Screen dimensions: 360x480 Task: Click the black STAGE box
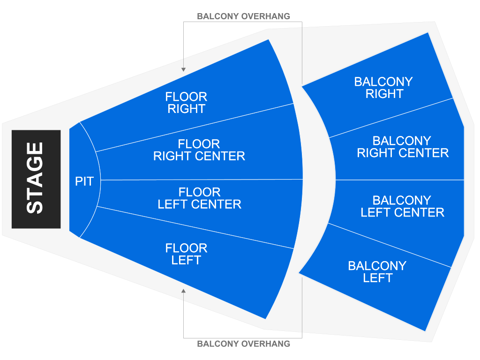pos(36,179)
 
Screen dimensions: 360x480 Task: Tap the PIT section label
pos(84,181)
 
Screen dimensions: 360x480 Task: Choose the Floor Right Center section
pos(199,150)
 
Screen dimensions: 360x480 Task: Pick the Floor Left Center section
pos(199,198)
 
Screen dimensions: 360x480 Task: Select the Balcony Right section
pos(383,88)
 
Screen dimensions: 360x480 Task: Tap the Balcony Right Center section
pos(402,147)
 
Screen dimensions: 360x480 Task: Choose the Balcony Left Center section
pos(402,206)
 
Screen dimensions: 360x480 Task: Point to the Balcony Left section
pos(377,272)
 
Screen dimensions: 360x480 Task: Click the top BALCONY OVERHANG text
pos(243,16)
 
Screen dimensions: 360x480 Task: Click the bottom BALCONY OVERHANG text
pos(243,344)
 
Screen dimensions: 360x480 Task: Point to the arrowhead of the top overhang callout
pos(184,69)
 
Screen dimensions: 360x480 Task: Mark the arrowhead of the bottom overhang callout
pos(184,291)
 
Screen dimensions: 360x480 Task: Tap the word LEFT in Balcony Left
pos(377,278)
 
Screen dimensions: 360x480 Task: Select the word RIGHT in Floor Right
pos(187,109)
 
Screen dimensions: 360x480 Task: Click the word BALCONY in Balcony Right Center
pos(401,141)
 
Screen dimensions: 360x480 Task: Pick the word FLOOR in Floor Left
pos(186,248)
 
